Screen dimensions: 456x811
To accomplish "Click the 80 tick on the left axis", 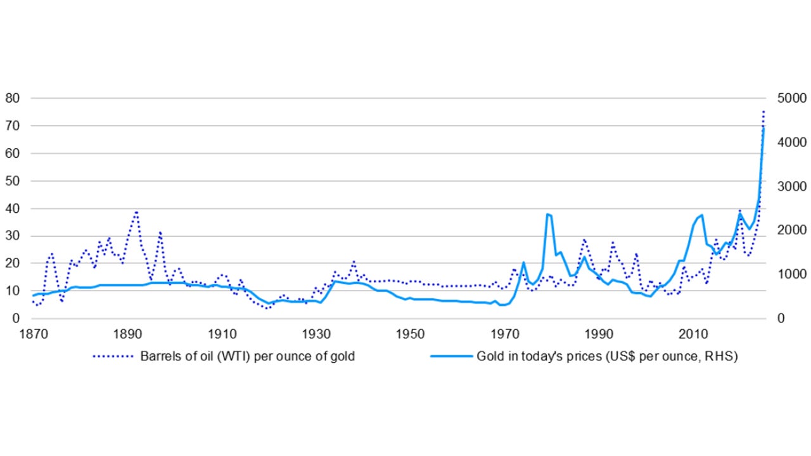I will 13,98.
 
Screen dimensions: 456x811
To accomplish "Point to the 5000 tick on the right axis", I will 784,98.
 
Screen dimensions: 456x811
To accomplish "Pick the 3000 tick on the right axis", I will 784,186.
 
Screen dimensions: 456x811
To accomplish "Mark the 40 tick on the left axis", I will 13,208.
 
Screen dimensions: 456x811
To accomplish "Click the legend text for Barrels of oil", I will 247,357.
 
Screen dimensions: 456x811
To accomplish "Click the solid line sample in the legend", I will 451,357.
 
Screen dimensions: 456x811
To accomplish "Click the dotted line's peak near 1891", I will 136,212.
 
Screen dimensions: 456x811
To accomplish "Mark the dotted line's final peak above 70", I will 764,111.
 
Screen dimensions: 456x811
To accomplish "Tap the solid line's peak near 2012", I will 701,215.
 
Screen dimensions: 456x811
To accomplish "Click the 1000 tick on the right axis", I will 784,274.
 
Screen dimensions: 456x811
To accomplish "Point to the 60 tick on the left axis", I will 13,153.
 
